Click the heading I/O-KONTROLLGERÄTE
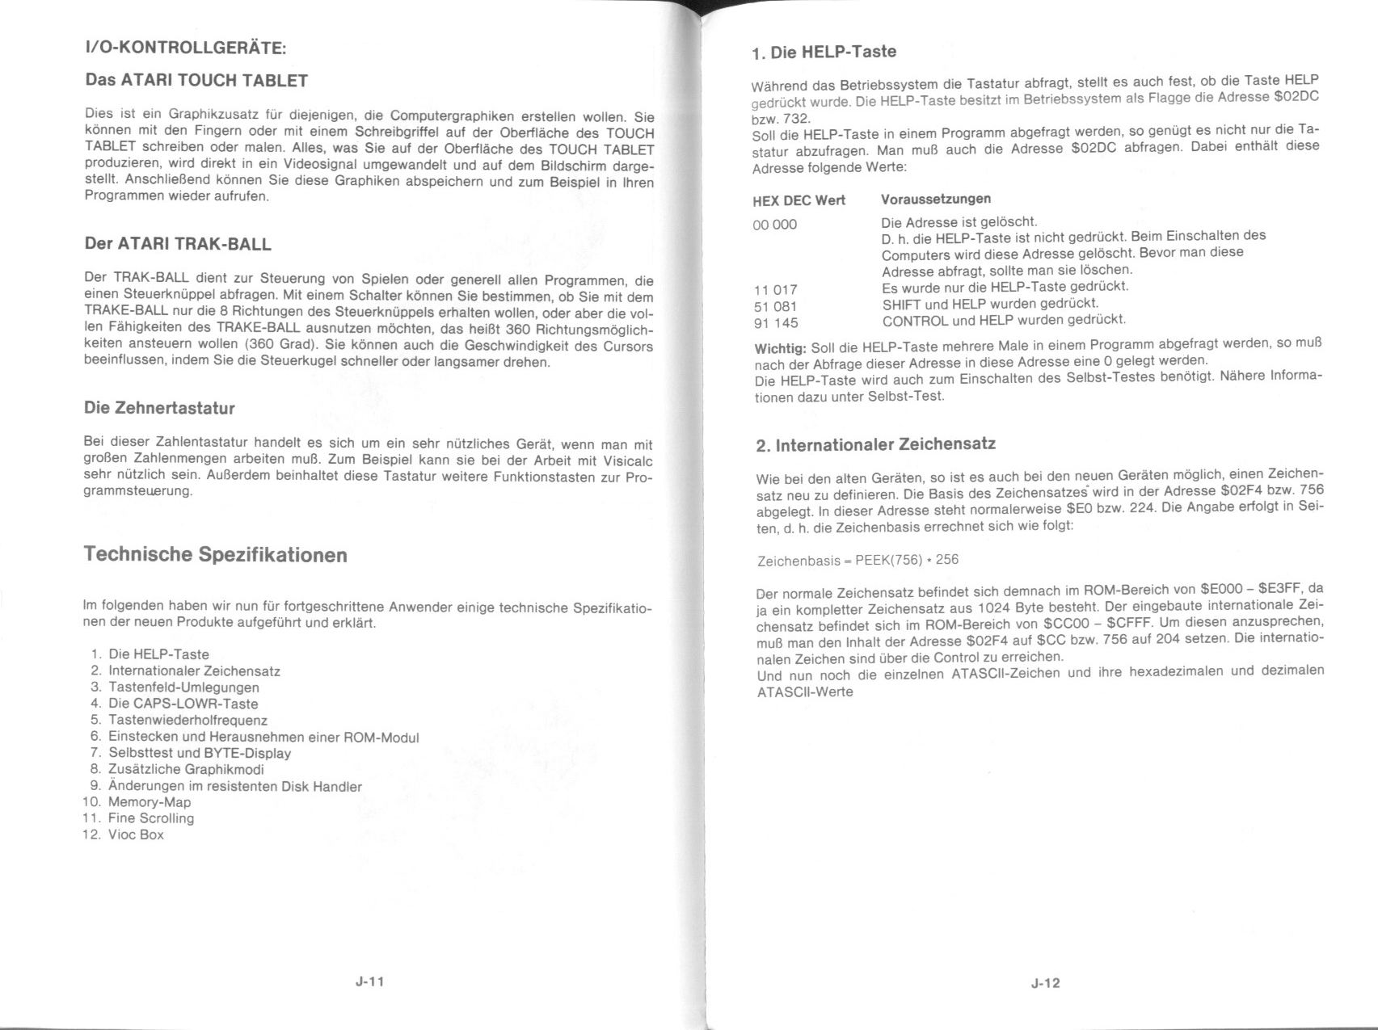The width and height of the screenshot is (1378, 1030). pos(185,48)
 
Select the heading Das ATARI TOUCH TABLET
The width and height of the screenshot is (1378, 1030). pos(196,81)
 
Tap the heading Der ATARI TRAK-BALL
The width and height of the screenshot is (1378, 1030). pos(178,244)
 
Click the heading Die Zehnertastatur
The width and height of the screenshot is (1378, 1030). pos(159,408)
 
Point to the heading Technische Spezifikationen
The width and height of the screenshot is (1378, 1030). pos(216,555)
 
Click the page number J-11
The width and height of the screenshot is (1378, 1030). pos(369,982)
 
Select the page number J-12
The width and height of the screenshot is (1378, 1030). pos(1045,983)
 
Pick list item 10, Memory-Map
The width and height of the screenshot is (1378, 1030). pos(150,802)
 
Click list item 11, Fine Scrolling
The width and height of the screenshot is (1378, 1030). pos(151,818)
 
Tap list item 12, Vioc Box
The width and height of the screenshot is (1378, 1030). pos(136,835)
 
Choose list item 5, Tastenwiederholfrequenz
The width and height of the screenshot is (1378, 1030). pos(188,720)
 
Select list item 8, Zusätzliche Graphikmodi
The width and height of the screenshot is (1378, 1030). pos(186,769)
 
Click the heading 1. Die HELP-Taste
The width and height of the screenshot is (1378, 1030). pos(824,53)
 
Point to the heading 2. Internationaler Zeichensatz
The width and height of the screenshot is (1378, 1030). pos(875,445)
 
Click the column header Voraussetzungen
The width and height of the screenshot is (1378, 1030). pos(936,199)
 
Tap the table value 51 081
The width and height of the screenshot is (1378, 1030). pos(775,307)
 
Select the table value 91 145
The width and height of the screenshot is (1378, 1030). pos(775,323)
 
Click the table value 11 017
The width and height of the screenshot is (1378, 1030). pos(775,290)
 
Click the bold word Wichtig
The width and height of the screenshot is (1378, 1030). pos(780,348)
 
